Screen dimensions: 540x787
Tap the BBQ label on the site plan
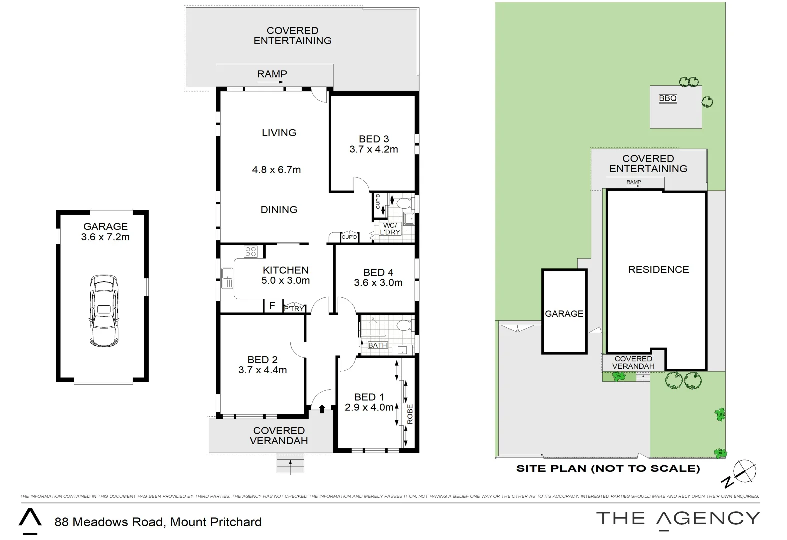667,98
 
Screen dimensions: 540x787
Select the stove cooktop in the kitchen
250,252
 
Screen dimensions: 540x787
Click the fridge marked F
272,305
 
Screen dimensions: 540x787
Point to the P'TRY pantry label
294,309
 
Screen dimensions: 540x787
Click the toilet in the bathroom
403,326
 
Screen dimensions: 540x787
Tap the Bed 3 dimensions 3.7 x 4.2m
373,149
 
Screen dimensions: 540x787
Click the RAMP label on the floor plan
272,74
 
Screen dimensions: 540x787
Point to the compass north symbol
744,471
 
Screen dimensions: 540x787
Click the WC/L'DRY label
390,229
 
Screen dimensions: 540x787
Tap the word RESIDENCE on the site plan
658,269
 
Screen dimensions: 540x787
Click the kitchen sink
227,278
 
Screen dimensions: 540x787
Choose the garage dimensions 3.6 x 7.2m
105,237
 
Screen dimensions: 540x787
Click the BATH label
377,345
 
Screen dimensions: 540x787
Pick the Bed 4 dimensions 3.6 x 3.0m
378,283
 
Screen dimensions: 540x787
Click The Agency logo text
678,518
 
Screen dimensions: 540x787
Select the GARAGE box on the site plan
564,313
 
